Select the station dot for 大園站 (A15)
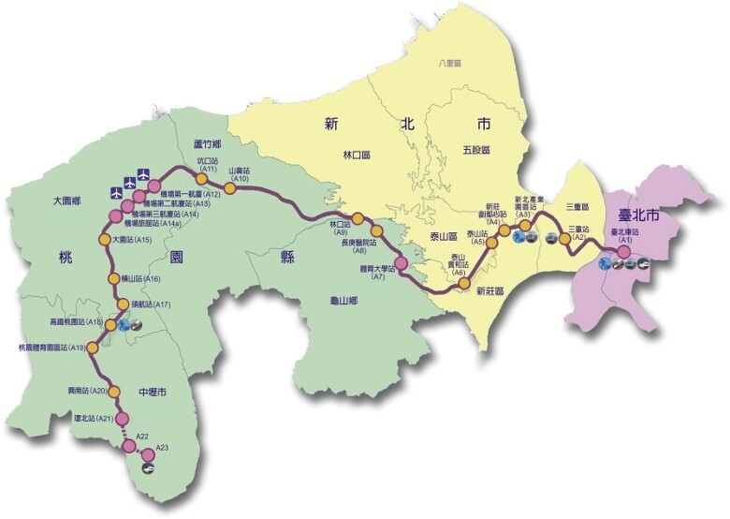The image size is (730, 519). pyautogui.click(x=104, y=240)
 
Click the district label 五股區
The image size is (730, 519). pyautogui.click(x=476, y=150)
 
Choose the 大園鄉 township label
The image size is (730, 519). pyautogui.click(x=68, y=200)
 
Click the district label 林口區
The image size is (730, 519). pyautogui.click(x=358, y=155)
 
